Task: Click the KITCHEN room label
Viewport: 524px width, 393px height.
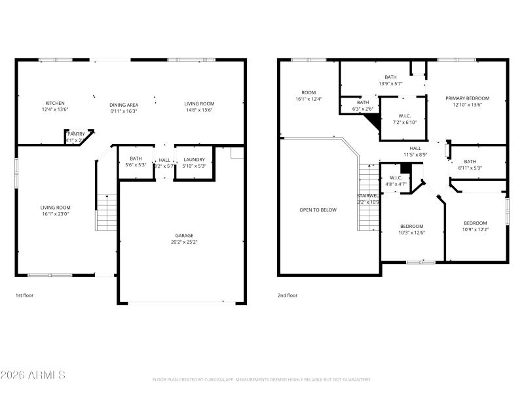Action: [x=55, y=103]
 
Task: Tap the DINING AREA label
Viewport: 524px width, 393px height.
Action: [x=123, y=104]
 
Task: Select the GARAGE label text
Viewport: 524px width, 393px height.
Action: [x=183, y=235]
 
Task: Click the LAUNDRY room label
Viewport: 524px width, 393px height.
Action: [x=194, y=159]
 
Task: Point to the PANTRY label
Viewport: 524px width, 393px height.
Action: [x=76, y=134]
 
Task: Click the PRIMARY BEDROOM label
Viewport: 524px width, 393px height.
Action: [x=466, y=98]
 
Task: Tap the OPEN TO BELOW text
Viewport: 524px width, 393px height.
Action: [x=318, y=210]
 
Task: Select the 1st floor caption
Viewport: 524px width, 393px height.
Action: [x=24, y=295]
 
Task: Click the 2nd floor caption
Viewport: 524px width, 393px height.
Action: [x=287, y=295]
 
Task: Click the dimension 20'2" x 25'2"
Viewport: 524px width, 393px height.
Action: [x=183, y=242]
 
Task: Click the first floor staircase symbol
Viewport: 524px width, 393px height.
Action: [x=106, y=212]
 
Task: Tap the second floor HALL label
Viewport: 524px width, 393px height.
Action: [x=415, y=148]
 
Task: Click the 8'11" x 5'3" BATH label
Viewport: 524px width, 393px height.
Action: [x=470, y=162]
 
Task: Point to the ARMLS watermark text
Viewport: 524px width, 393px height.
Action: [x=33, y=375]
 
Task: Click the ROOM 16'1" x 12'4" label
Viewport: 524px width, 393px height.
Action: [x=309, y=92]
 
